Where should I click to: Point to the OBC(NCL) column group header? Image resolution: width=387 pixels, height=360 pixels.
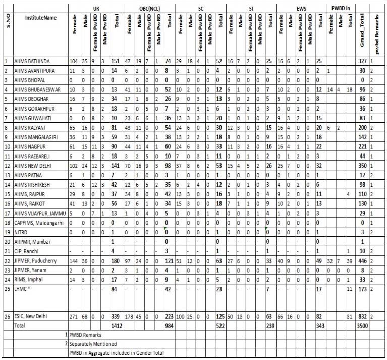(148, 9)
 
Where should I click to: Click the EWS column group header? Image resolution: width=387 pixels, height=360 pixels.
(301, 9)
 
